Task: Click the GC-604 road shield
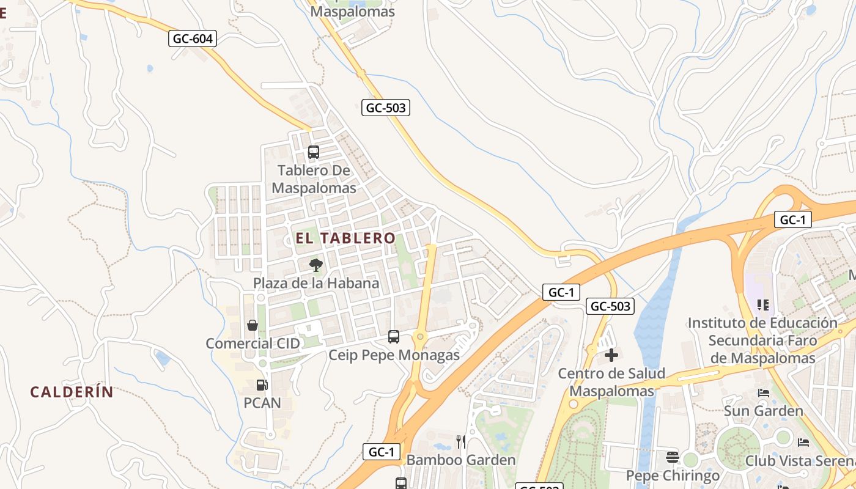click(x=193, y=39)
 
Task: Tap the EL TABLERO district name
click(x=345, y=238)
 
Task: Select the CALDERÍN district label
click(x=72, y=392)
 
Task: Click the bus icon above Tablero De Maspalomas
click(x=314, y=152)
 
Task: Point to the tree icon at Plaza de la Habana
click(x=315, y=265)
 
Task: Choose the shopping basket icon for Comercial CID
click(x=252, y=325)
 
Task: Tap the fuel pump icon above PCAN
click(x=262, y=384)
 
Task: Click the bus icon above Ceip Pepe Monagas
click(x=394, y=336)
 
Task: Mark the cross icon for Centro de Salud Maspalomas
click(x=611, y=355)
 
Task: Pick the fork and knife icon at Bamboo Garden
click(x=461, y=441)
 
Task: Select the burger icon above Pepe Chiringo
click(x=673, y=457)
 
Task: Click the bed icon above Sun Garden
click(x=763, y=392)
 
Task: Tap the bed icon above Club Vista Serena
click(x=803, y=442)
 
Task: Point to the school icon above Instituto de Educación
click(x=762, y=304)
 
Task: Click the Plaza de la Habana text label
click(x=316, y=283)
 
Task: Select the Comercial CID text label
click(x=253, y=344)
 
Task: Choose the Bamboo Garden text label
click(x=461, y=460)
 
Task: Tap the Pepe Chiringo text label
click(x=673, y=475)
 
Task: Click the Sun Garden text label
click(x=763, y=411)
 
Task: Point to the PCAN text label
click(x=262, y=403)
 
